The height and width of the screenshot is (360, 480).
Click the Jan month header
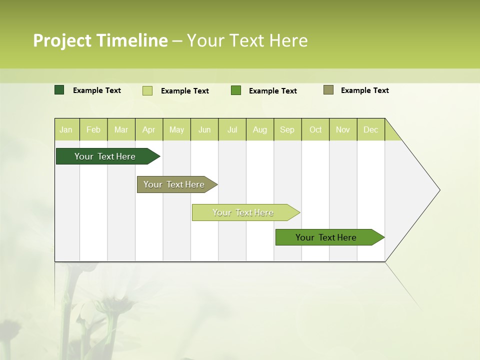[66, 129]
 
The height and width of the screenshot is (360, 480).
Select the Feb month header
[93, 129]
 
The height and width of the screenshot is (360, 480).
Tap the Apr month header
[148, 129]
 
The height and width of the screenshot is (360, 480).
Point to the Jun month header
[204, 129]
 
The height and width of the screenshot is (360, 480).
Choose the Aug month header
[259, 129]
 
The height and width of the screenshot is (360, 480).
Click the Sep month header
[287, 129]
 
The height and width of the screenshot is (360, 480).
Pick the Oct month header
[315, 129]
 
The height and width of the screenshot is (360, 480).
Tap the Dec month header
[370, 129]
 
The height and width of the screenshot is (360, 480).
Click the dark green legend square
[59, 90]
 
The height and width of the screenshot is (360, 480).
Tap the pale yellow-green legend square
[147, 90]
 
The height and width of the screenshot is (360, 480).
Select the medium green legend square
[236, 90]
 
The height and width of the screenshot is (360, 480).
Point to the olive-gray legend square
[328, 90]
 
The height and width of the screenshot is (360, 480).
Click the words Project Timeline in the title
[100, 40]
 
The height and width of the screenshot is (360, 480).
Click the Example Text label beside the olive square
[364, 90]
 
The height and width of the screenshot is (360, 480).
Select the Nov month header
[343, 129]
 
